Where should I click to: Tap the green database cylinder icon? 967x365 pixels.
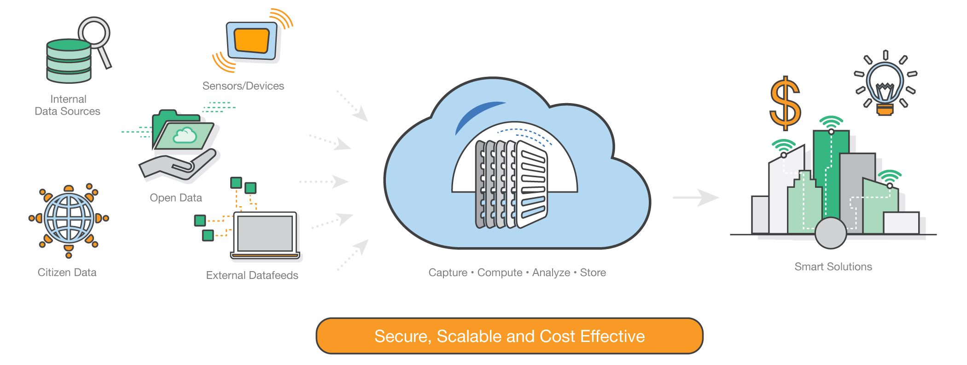coord(69,62)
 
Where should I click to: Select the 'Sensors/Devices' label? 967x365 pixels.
coord(243,86)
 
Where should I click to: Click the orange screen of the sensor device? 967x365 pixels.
coord(251,41)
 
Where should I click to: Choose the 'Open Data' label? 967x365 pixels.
coord(176,198)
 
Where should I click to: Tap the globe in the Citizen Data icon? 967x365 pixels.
coord(69,218)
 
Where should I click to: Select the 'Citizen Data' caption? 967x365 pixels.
coord(67,272)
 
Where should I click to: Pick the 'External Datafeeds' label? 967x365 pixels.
coord(252,275)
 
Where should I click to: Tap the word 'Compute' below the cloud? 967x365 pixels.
coord(500,273)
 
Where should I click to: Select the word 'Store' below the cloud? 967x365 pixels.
coord(593,273)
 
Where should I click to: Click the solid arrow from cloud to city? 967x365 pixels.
coord(695,197)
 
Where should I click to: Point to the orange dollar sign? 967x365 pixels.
coord(785,103)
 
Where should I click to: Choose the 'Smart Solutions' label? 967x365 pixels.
coord(833,267)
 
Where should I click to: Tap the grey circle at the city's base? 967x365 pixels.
coord(830,233)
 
